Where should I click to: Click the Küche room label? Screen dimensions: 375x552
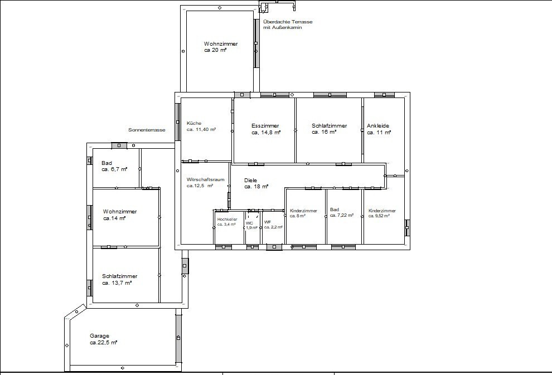194,123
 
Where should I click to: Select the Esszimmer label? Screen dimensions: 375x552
265,126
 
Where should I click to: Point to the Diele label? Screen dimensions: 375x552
251,180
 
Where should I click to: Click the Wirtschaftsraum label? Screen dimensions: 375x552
205,179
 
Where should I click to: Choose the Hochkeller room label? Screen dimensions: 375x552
227,220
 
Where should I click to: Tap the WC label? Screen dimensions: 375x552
249,222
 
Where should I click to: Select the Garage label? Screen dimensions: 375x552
99,336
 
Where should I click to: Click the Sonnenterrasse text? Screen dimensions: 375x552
147,130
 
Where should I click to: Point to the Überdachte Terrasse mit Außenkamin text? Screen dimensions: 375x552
288,25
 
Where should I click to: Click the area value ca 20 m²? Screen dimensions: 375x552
215,50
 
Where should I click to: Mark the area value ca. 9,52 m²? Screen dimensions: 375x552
379,216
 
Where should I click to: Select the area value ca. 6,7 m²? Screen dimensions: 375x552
114,169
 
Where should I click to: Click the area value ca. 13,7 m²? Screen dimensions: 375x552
117,283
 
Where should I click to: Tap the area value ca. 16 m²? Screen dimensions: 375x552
324,133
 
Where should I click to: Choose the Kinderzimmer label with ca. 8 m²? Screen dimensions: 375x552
303,211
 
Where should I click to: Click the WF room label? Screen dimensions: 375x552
267,222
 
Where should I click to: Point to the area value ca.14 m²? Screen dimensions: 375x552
114,218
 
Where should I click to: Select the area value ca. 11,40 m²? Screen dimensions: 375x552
201,129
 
